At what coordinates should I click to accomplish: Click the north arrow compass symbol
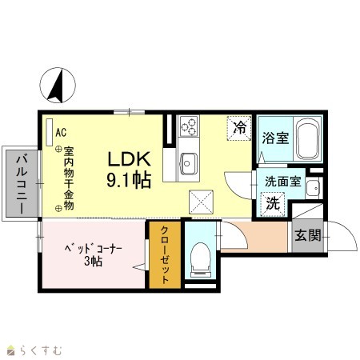point(58,86)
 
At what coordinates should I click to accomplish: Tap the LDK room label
point(129,159)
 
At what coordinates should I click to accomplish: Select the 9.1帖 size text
point(129,180)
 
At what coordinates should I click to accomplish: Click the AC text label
point(61,132)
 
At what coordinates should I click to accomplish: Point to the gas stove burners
point(189,126)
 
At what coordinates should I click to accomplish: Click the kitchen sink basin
point(189,163)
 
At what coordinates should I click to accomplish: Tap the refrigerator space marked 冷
point(239,128)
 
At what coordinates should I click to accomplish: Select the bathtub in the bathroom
point(308,138)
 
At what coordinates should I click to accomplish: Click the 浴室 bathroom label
point(275,138)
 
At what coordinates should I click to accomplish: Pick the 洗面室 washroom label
point(282,182)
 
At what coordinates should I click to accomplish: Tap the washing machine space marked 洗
point(273,204)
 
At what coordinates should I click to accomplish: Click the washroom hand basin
point(313,188)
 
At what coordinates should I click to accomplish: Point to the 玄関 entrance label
point(308,235)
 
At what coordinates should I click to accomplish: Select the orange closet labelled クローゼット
point(165,254)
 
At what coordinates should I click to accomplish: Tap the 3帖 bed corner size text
point(93,262)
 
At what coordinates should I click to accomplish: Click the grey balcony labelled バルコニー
point(22,183)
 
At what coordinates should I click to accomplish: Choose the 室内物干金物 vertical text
point(69,178)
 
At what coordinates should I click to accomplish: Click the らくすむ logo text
point(41,350)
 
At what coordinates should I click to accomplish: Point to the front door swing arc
point(347,232)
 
